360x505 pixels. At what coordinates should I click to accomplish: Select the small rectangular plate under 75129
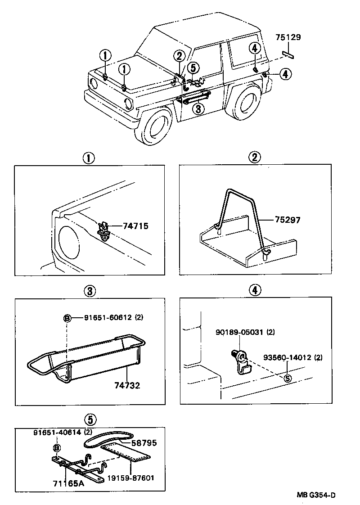coord(288,54)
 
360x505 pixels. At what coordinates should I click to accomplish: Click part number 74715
coord(136,227)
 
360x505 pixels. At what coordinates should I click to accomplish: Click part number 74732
coord(126,385)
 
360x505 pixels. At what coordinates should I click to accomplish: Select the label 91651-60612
coord(108,317)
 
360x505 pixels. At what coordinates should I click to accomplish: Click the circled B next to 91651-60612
coord(67,318)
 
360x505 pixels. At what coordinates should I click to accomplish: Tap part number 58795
coord(144,443)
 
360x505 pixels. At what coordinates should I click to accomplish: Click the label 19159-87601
coord(130,478)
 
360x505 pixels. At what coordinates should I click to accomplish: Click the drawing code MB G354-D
coord(316,496)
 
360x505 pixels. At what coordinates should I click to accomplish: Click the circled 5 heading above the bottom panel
coord(90,419)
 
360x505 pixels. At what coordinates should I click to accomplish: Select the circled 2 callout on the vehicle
coord(179,56)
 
